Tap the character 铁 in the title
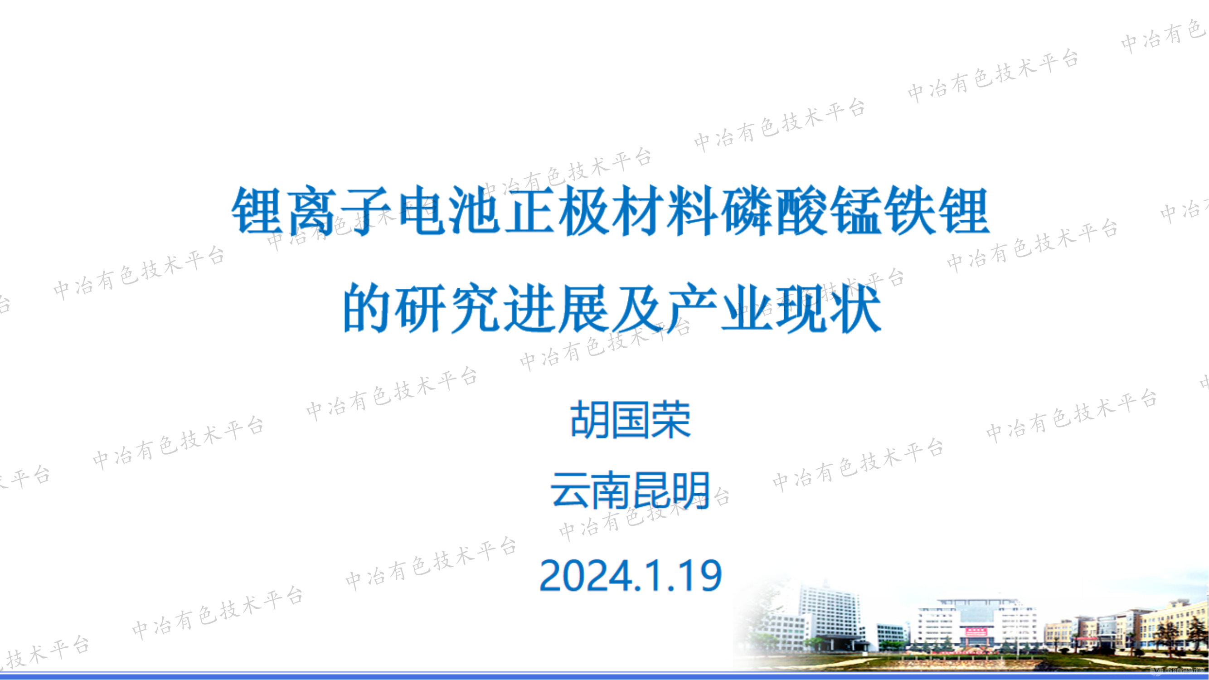908,211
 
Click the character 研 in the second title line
419,308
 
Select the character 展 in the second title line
583,308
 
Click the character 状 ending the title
855,308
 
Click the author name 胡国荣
630,419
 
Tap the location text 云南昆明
630,491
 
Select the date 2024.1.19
630,575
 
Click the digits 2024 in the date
585,575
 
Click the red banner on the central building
975,631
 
